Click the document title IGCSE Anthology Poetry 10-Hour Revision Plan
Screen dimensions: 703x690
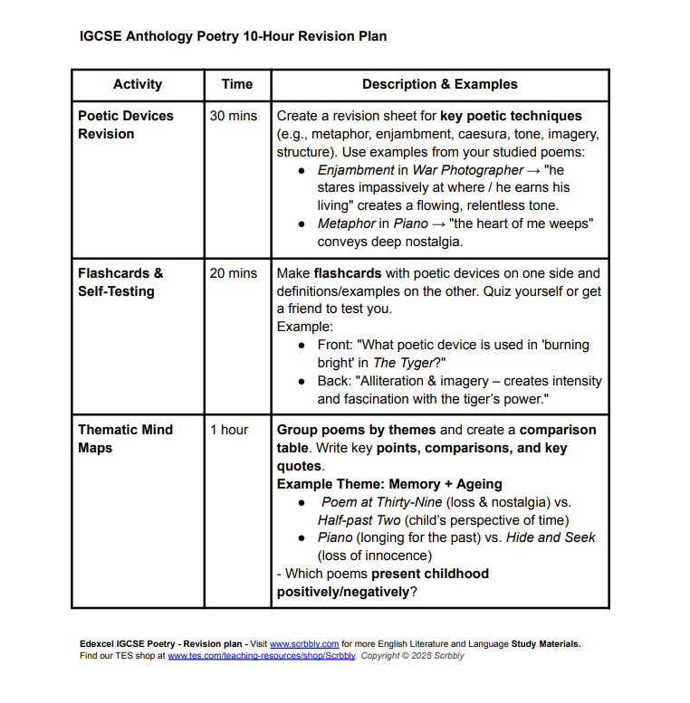point(233,37)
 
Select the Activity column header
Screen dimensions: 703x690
point(138,84)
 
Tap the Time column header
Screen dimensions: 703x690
point(236,84)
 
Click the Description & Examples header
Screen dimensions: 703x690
point(439,84)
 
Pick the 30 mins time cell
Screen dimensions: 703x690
point(234,116)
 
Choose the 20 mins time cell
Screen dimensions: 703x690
point(234,273)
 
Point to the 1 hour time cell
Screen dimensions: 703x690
point(229,430)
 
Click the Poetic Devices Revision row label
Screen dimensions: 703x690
point(125,125)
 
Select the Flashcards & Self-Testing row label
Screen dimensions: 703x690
point(120,282)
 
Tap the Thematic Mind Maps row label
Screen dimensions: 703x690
point(125,439)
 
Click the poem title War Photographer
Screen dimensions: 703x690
point(468,170)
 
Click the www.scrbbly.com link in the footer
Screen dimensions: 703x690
point(304,644)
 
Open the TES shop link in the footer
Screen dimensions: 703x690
point(262,656)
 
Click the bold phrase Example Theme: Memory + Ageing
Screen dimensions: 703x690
point(389,484)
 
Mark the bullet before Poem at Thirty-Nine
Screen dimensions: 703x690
point(302,502)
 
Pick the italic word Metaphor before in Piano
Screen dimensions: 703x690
point(347,223)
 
